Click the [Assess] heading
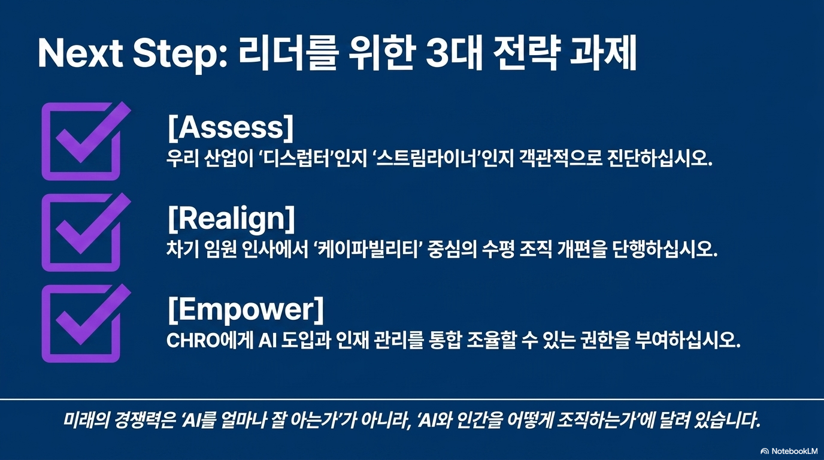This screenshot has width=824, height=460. coord(231,128)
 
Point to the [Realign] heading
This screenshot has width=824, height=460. coord(231,219)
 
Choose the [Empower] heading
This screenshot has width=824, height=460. coord(246,310)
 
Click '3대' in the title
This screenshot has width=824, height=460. coord(453,54)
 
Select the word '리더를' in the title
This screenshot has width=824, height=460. coord(287,54)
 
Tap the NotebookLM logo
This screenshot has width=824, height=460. coord(789,451)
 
